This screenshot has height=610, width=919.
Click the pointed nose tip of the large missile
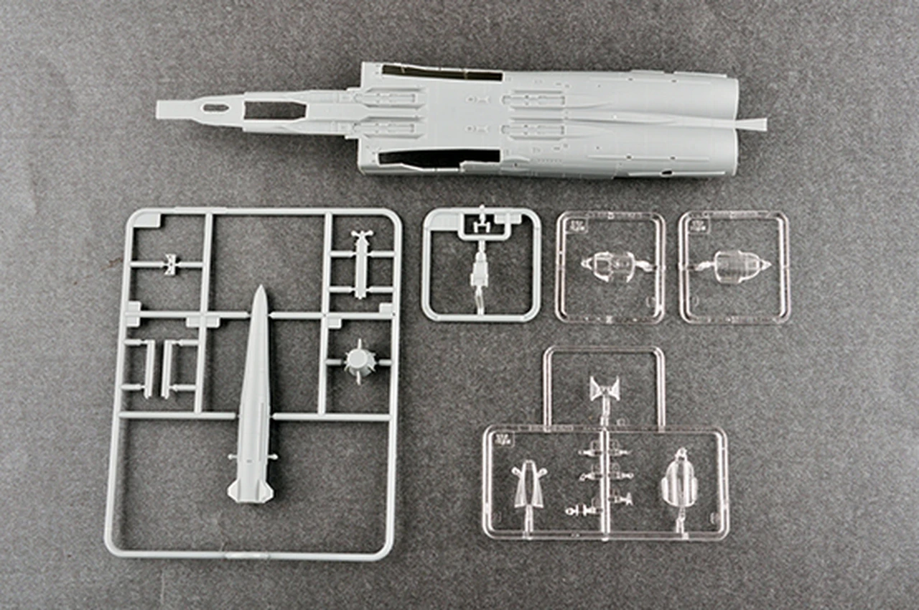pyautogui.click(x=259, y=289)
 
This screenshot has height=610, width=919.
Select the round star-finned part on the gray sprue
pyautogui.click(x=359, y=361)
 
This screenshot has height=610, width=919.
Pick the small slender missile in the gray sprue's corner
pyautogui.click(x=361, y=262)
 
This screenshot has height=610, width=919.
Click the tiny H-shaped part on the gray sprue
pyautogui.click(x=170, y=264)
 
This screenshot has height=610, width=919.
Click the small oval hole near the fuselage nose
pyautogui.click(x=215, y=108)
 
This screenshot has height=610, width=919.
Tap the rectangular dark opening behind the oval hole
pyautogui.click(x=274, y=110)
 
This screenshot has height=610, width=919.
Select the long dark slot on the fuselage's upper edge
pyautogui.click(x=441, y=73)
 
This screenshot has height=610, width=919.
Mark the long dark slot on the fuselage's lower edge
pyautogui.click(x=439, y=157)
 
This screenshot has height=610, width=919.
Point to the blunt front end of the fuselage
pyautogui.click(x=161, y=109)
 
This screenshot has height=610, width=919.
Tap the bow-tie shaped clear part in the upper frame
pyautogui.click(x=605, y=390)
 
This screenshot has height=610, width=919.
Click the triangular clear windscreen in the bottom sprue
pyautogui.click(x=529, y=483)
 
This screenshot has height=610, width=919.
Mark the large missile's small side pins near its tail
pyautogui.click(x=233, y=456)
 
